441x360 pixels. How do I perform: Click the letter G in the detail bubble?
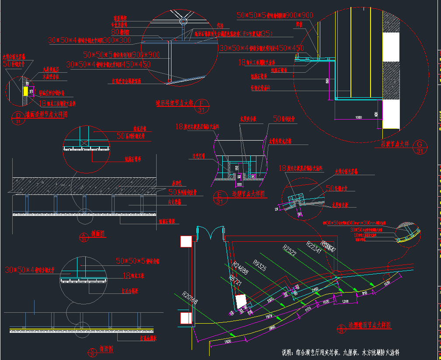(420, 144)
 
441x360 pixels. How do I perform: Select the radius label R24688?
(240, 268)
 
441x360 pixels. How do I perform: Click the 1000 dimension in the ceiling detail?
(347, 117)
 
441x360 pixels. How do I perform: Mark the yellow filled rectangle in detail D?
(26, 91)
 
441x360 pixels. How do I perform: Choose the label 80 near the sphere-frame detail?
(115, 32)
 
